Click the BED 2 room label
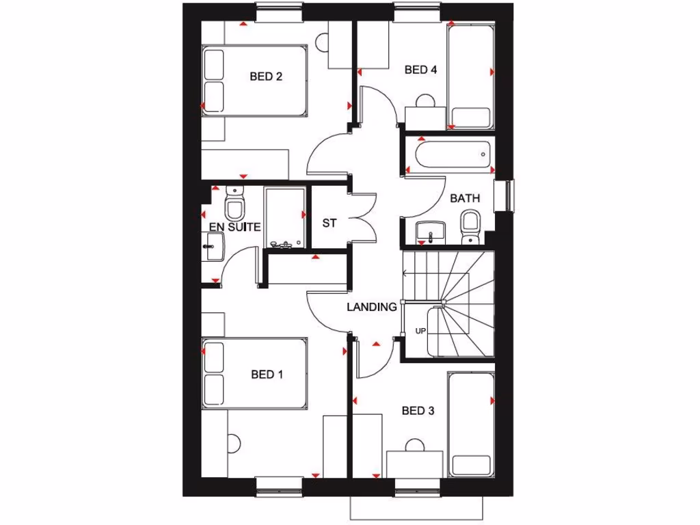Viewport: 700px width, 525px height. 266,77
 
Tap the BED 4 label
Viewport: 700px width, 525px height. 420,70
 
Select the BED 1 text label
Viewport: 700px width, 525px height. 267,375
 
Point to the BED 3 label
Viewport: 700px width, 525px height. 418,411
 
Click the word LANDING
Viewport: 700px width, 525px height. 371,308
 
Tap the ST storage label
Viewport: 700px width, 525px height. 329,223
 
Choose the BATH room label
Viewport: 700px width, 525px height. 465,198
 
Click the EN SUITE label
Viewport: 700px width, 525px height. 234,227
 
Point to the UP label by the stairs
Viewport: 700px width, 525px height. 420,332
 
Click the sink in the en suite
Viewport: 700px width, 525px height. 213,245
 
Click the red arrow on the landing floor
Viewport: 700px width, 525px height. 375,344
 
